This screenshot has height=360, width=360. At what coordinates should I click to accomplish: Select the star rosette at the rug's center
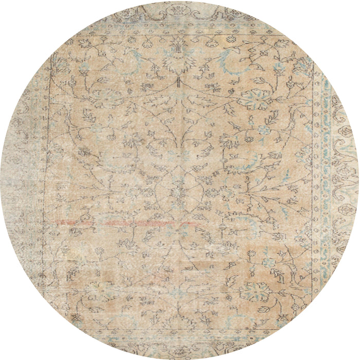[178, 192]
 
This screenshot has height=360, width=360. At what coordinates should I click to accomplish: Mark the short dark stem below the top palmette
[178, 81]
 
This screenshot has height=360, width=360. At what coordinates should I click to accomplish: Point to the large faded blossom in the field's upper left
[100, 98]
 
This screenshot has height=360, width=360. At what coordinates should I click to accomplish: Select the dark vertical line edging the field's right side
[313, 180]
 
